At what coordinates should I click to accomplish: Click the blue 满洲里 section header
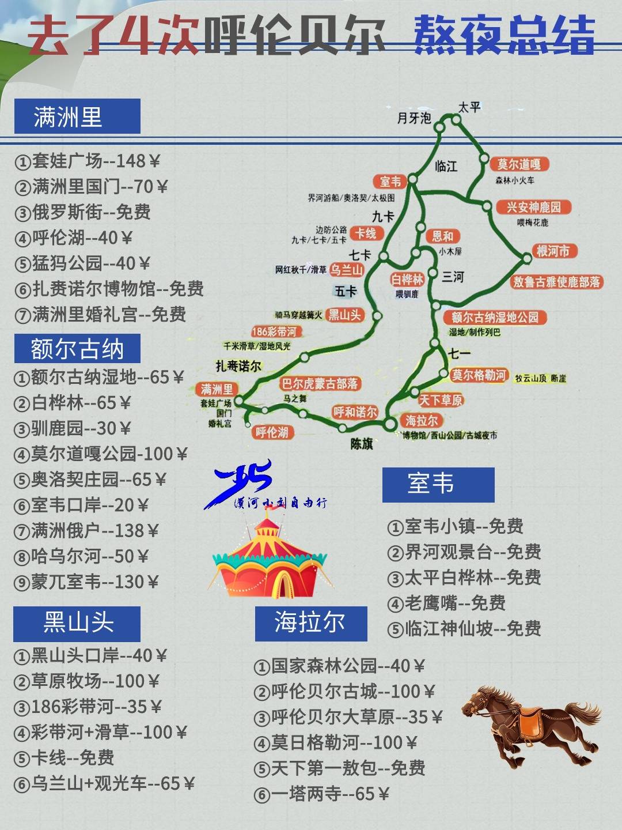pyautogui.click(x=77, y=116)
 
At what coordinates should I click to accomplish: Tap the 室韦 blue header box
pyautogui.click(x=438, y=484)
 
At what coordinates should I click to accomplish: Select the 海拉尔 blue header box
pyautogui.click(x=311, y=623)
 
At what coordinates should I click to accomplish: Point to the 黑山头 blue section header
pyautogui.click(x=77, y=624)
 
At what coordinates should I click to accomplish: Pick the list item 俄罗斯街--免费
pyautogui.click(x=83, y=212)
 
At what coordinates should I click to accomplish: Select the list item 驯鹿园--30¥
pyautogui.click(x=73, y=428)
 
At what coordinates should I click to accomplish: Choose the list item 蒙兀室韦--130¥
pyautogui.click(x=86, y=582)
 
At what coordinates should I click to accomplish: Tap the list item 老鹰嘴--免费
pyautogui.click(x=446, y=603)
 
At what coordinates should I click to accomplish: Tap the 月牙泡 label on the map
pyautogui.click(x=414, y=118)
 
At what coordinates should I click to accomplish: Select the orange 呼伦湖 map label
pyautogui.click(x=272, y=432)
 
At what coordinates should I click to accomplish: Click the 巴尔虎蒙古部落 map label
pyautogui.click(x=320, y=383)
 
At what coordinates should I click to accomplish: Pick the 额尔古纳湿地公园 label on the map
pyautogui.click(x=495, y=317)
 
